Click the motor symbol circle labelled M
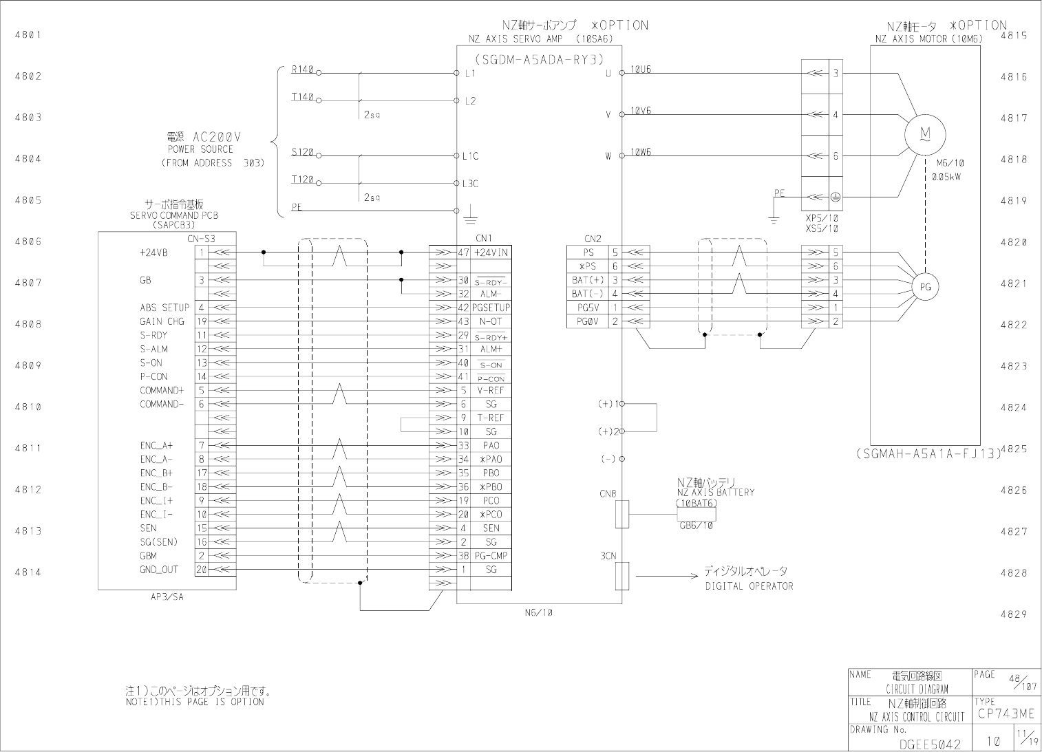coord(925,135)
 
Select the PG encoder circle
coord(925,287)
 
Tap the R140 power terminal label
coord(302,69)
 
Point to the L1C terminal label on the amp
coord(470,156)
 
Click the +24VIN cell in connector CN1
coord(491,253)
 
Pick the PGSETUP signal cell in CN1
coord(491,308)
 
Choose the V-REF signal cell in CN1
coord(491,390)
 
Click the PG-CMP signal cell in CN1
coord(491,555)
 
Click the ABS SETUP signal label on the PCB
coord(164,308)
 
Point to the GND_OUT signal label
coord(159,569)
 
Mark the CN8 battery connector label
coord(608,493)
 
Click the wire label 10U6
coord(641,69)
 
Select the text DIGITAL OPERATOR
coord(749,586)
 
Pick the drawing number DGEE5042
coord(929,744)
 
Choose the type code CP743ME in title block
coord(1006,715)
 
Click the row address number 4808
coord(28,324)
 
